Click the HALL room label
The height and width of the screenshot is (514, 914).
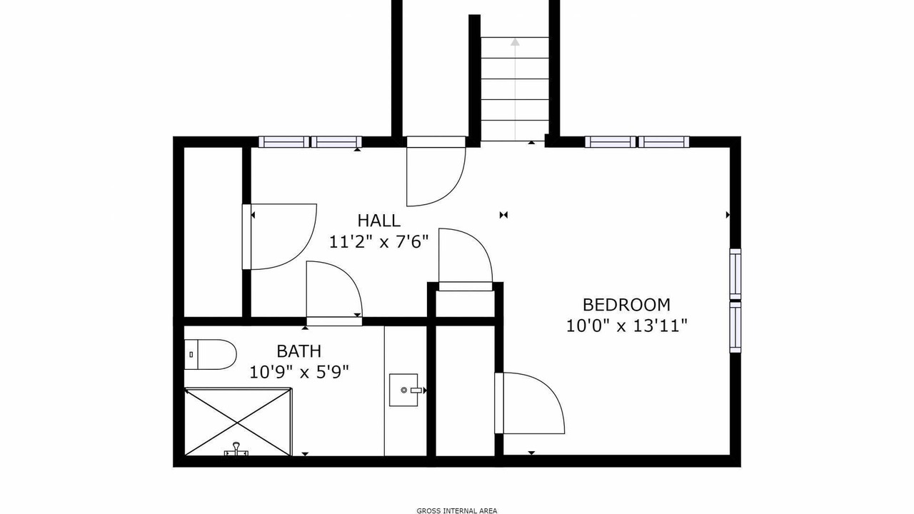point(379,221)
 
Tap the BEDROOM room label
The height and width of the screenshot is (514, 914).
point(626,305)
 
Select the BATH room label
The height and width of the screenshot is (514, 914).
point(298,351)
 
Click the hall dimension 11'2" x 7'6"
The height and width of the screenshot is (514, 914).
point(379,242)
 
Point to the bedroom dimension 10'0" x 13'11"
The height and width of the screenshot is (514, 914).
point(627,326)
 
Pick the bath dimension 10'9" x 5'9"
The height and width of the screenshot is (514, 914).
point(299,372)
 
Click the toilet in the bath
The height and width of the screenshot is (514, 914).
point(210,355)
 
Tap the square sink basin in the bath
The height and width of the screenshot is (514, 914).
point(403,390)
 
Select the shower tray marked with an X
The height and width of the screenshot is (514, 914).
point(238,421)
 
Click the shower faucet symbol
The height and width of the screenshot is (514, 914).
point(236,449)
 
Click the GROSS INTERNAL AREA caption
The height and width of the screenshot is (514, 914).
point(456,510)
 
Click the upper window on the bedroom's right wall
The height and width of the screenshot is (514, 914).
point(735,273)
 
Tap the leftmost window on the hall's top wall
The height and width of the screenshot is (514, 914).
point(284,142)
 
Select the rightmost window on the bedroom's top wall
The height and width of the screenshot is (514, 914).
point(664,142)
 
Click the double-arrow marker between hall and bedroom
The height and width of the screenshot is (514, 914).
point(503,215)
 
